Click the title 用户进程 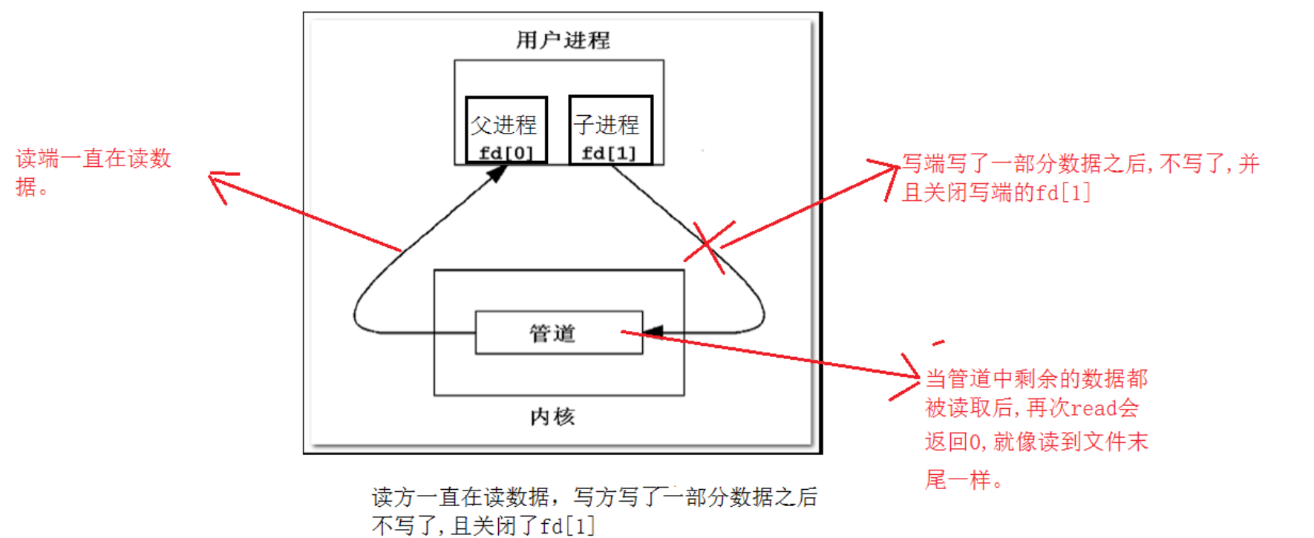pos(563,40)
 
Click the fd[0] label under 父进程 pos(506,154)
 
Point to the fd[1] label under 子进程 pos(609,154)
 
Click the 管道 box pos(558,332)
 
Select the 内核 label pos(552,417)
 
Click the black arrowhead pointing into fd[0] pos(497,173)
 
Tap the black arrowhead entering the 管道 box pos(653,332)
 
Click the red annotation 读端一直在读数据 pos(93,171)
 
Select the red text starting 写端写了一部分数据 pos(1080,163)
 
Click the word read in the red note pos(1094,408)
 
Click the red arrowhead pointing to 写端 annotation pos(889,174)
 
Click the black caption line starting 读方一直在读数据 pos(594,496)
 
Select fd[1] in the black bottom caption pos(567,526)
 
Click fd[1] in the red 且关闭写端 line pos(1063,193)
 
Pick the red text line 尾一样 pos(963,479)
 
